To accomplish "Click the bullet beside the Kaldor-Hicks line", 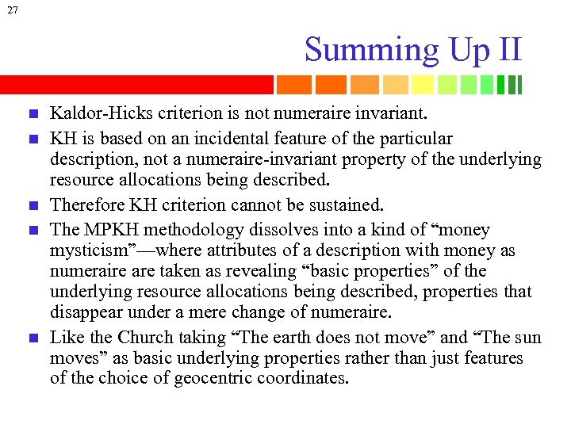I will coord(31,117).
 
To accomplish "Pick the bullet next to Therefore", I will coord(31,206).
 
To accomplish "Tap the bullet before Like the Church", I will coord(31,338).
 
